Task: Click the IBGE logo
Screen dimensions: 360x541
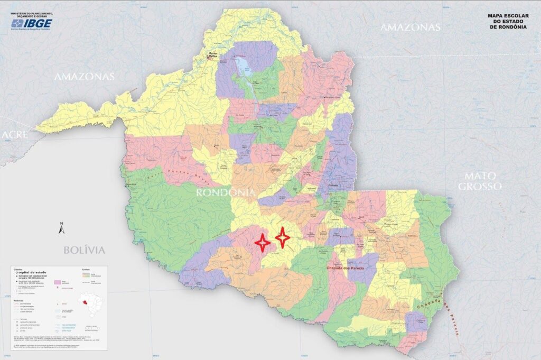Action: (x=31, y=24)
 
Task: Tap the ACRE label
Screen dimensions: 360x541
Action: (x=14, y=135)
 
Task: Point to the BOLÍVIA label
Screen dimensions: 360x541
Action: (x=85, y=250)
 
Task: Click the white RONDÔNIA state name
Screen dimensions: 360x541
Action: (x=226, y=192)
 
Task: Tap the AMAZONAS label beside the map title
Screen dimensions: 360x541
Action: (x=410, y=27)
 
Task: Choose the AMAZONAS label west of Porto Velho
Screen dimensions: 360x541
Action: (x=85, y=77)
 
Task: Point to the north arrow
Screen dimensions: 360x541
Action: (x=61, y=228)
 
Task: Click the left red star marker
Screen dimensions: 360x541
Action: (x=262, y=242)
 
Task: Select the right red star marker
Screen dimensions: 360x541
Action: (x=284, y=237)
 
